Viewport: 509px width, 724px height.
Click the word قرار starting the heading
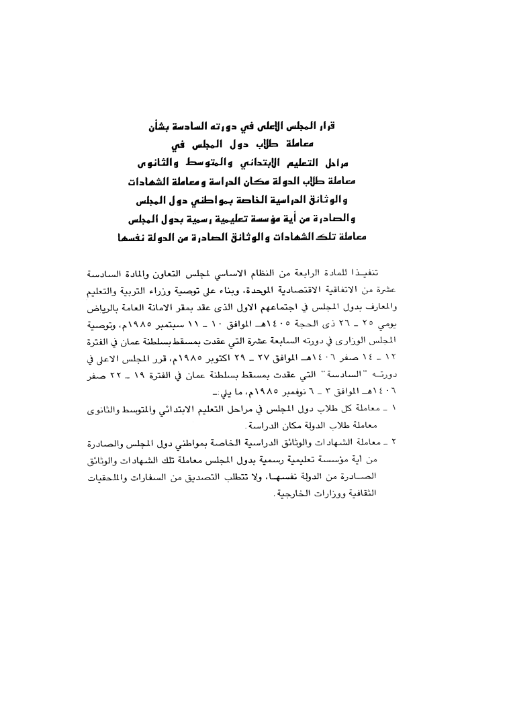[x=344, y=127]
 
